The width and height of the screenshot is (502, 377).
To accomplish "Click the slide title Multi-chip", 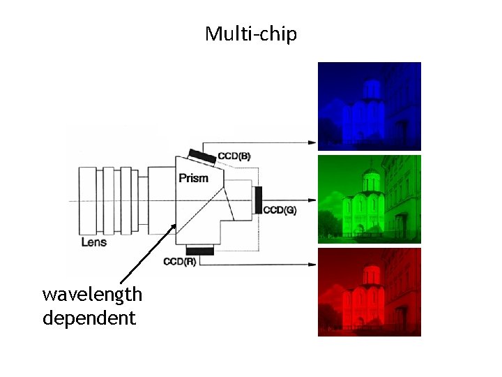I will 251,33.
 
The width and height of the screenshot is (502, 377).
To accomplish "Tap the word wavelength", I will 92,295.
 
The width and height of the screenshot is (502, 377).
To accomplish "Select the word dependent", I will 89,318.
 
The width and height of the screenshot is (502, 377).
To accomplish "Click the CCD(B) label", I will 234,156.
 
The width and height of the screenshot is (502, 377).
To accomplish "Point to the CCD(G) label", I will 280,210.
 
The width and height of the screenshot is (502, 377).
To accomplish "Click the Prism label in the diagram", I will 193,178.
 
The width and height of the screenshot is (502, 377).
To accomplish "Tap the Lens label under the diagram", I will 94,242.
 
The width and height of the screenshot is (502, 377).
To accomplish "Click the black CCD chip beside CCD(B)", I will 201,154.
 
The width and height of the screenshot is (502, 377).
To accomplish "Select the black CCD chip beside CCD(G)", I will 259,200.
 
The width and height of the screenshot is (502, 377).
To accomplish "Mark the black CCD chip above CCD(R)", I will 200,250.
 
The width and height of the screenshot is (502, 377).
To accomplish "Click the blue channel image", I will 370,106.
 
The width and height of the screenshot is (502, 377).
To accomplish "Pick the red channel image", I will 370,292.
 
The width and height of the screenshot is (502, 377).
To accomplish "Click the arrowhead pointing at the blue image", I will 313,142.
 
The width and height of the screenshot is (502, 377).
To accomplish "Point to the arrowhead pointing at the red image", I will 313,264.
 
